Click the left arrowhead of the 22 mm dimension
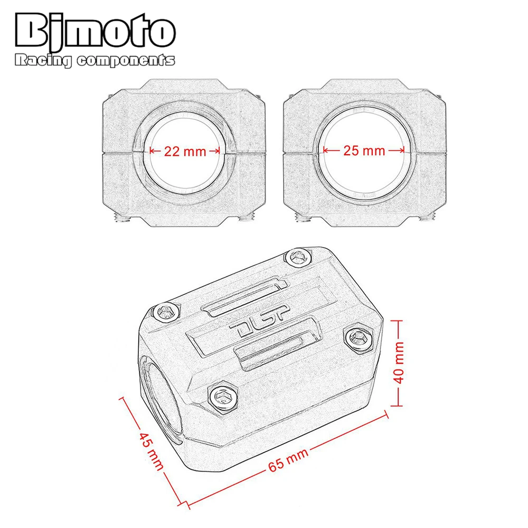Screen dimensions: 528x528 point(152,151)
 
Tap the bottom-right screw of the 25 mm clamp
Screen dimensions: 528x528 point(428,217)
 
